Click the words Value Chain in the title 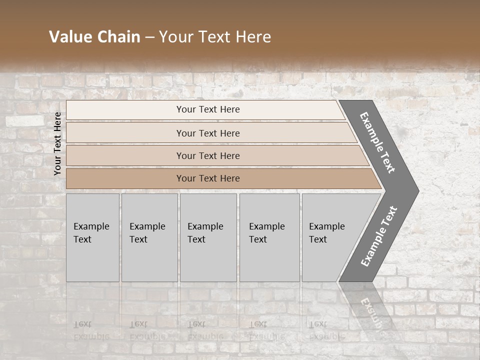coord(94,37)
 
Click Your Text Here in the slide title coord(215,37)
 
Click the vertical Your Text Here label coord(57,143)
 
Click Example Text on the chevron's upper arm coord(377,142)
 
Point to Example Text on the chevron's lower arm coord(378,236)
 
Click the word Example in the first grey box coord(91,226)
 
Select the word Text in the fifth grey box coord(318,239)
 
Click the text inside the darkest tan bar coord(208,178)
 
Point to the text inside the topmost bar coord(208,109)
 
